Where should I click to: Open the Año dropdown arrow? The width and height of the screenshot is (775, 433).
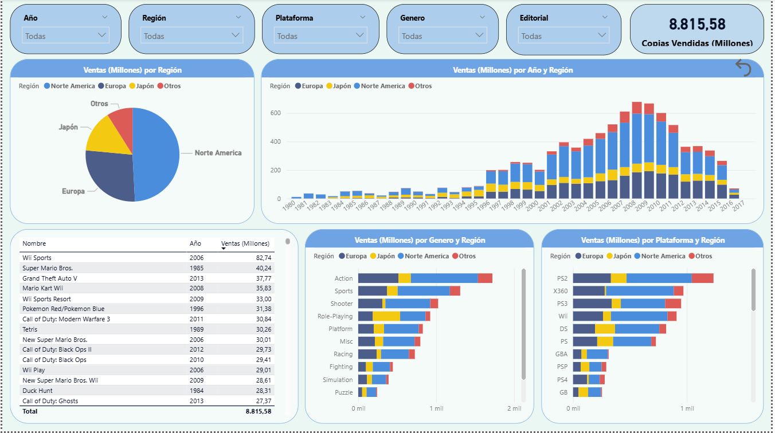point(104,18)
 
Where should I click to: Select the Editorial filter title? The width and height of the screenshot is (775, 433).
point(534,18)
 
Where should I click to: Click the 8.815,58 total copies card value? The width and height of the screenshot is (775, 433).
point(697,24)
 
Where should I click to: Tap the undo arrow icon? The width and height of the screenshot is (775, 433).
point(743,68)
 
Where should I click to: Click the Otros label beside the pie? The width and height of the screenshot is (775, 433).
point(99,104)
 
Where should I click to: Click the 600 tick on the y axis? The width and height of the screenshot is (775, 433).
point(275,113)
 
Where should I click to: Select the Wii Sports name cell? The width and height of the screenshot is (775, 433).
point(37,258)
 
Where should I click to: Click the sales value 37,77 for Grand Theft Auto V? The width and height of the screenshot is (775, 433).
point(263,278)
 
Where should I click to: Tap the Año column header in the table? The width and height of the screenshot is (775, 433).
point(195,244)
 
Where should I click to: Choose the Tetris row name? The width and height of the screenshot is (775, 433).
point(30,329)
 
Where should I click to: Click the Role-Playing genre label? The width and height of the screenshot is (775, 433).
point(335,316)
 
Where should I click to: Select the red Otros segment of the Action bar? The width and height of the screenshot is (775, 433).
point(485,278)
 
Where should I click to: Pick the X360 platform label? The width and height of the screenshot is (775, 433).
point(561,291)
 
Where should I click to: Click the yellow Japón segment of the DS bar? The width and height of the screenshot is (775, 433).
point(605,329)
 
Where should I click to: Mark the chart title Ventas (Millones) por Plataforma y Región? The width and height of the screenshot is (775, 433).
point(652,240)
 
